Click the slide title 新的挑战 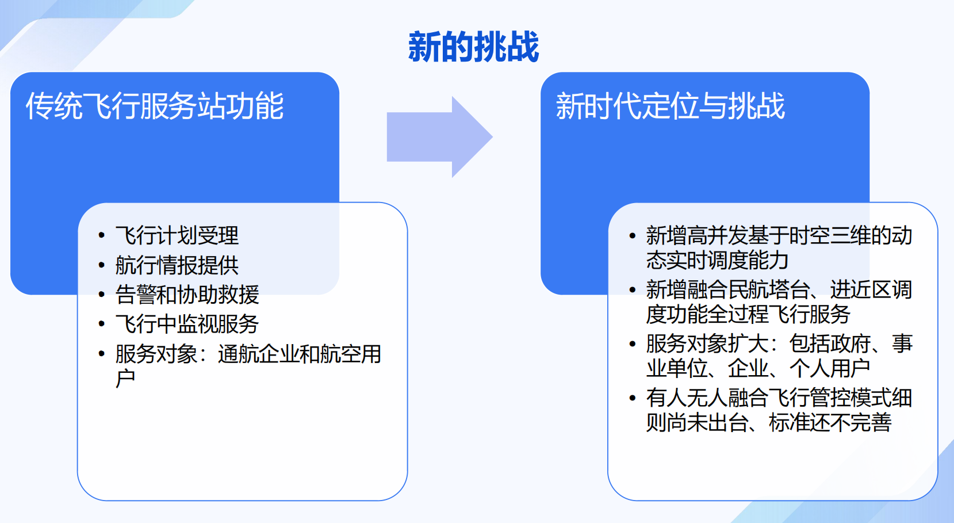pos(473,47)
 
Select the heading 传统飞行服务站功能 pos(155,106)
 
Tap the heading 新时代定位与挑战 pos(670,106)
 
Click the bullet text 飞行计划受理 pos(177,235)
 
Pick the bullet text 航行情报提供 pos(177,265)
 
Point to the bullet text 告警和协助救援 pos(187,295)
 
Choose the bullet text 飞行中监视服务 pos(187,324)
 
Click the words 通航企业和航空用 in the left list pos(300,354)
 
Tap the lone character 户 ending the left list pos(125,379)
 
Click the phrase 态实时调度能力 pos(717,261)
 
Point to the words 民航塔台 pos(769,289)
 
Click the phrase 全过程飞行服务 pos(789,314)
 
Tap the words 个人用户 pos(829,368)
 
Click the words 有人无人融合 pos(707,398)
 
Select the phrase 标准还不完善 pos(830,423)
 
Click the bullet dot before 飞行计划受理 pos(102,235)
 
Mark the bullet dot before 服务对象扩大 pos(633,344)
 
